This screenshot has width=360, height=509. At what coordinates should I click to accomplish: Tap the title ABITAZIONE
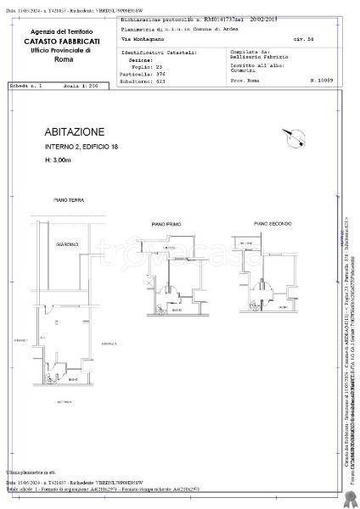click(x=76, y=132)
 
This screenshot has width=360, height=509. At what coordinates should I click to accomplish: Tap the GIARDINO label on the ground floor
click(x=69, y=244)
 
